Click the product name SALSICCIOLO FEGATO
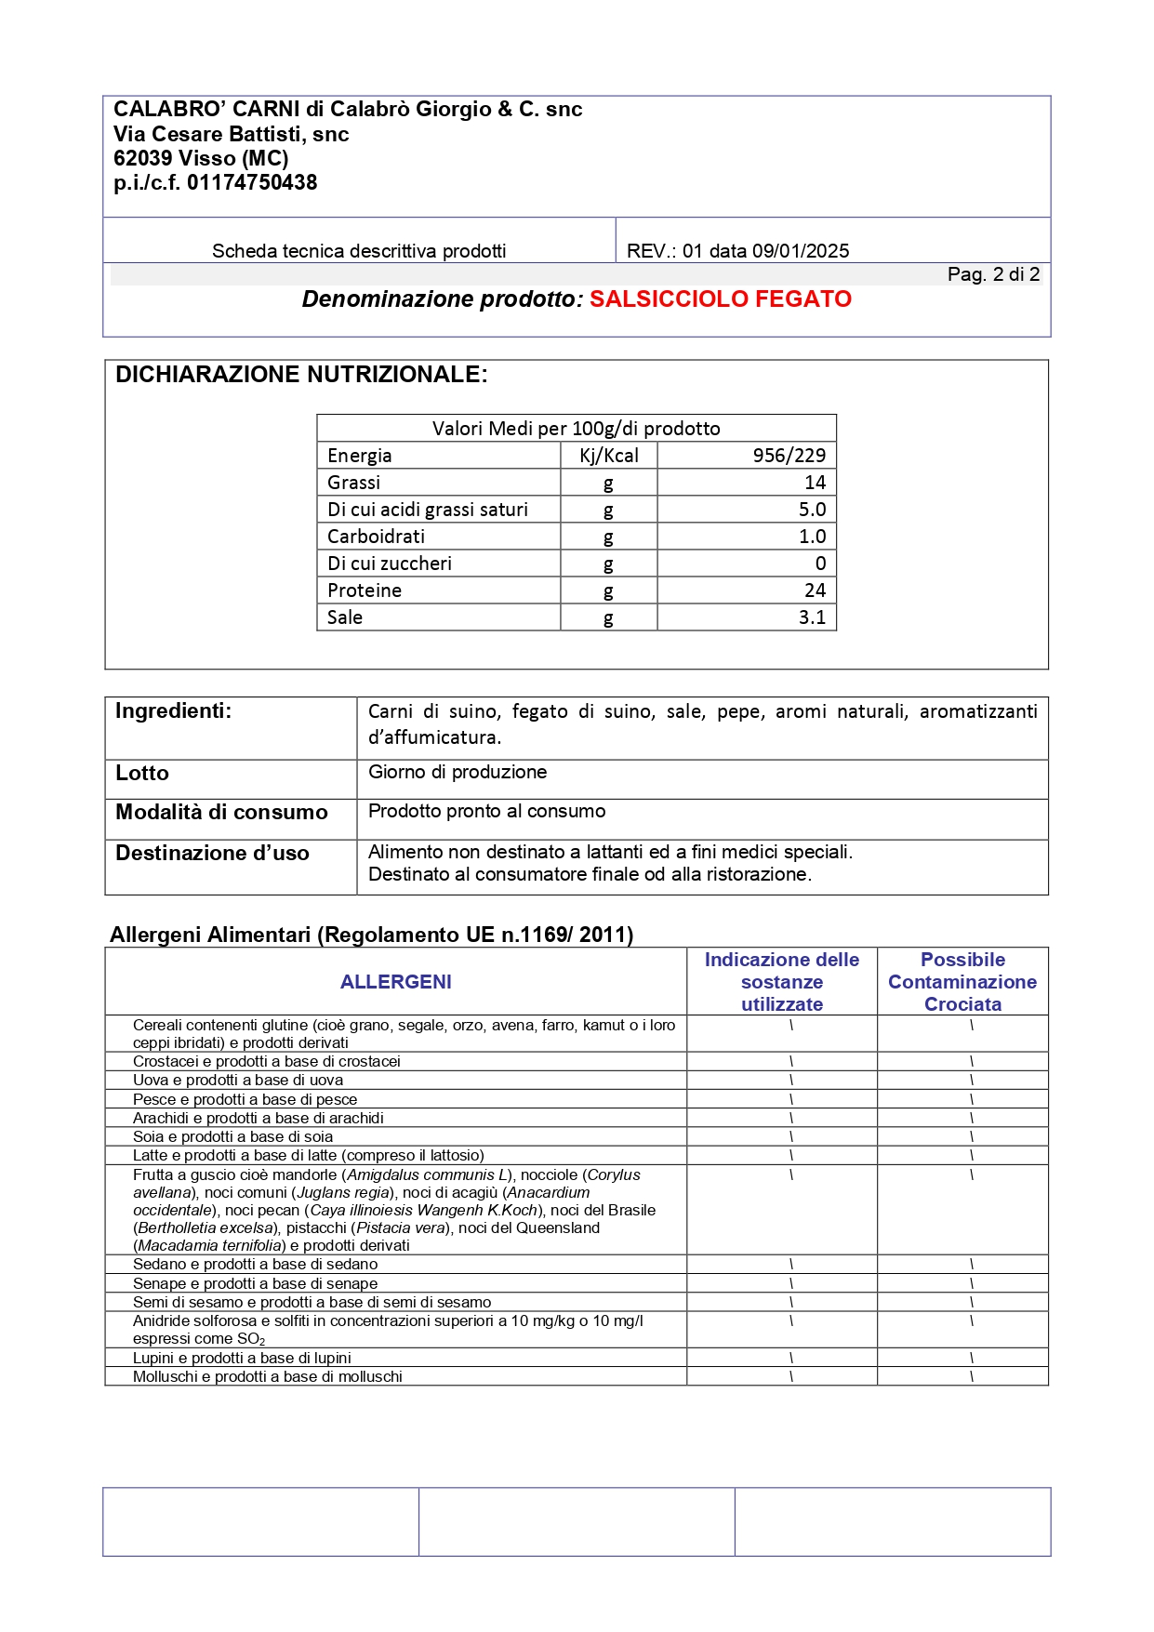[x=720, y=299]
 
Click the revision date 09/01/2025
[x=800, y=251]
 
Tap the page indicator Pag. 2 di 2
[x=992, y=274]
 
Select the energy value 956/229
[x=789, y=456]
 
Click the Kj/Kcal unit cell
[x=608, y=456]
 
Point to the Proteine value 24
[x=815, y=590]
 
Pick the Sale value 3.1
[x=812, y=617]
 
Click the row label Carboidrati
[x=376, y=537]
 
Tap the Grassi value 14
[x=815, y=483]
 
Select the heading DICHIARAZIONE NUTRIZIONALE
[x=301, y=375]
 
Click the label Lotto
[x=142, y=774]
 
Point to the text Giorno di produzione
[x=458, y=772]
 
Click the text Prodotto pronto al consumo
[x=486, y=811]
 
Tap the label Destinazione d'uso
[x=212, y=854]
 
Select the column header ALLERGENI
[x=395, y=982]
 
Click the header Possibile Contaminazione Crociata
[x=962, y=982]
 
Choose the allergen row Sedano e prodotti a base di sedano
[x=255, y=1265]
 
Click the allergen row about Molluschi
[x=267, y=1377]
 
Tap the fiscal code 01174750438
[x=252, y=183]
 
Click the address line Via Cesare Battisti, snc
[x=231, y=134]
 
